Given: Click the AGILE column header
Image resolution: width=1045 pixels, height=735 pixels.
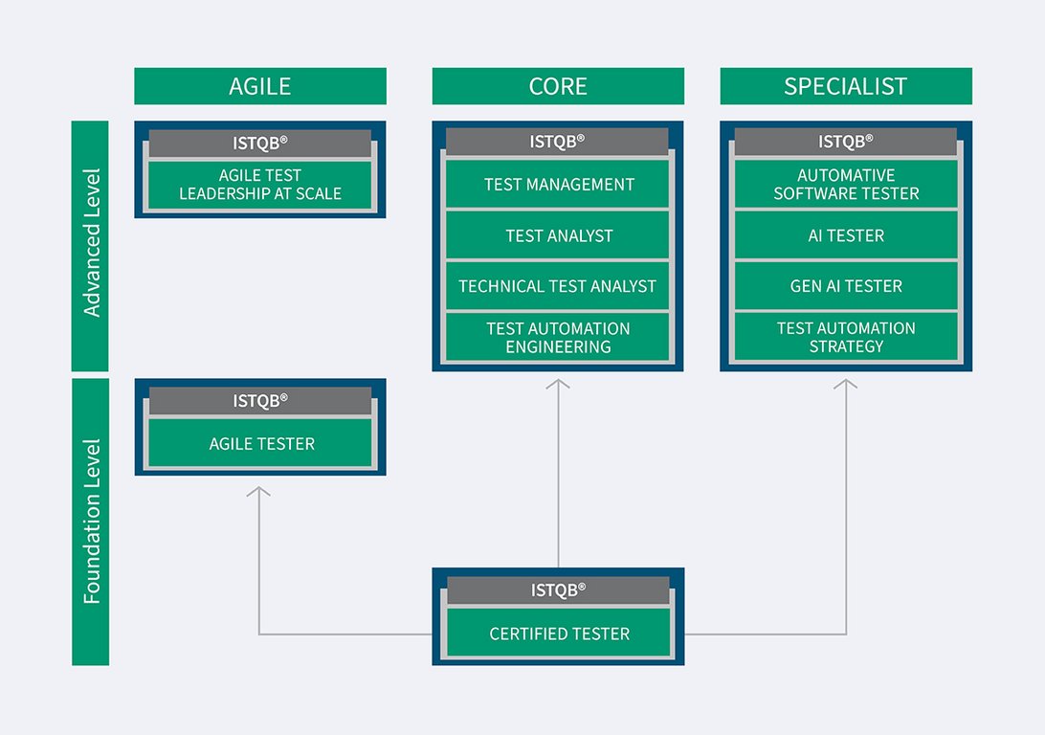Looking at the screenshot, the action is (260, 86).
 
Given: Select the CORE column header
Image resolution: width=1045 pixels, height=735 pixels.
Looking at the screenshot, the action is (558, 86).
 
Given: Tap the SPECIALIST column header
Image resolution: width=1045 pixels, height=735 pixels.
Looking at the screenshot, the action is (846, 86).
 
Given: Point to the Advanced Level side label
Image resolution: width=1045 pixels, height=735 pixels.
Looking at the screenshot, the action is (90, 245).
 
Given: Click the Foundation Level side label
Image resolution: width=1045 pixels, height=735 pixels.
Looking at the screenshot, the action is (90, 522).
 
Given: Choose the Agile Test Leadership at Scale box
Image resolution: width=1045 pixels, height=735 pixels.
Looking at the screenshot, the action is (260, 185).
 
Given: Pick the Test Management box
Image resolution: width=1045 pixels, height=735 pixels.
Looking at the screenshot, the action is (558, 184).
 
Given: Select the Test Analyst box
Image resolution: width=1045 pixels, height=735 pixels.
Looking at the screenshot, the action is (558, 235).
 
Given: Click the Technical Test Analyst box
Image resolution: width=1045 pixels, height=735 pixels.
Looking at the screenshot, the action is (558, 286).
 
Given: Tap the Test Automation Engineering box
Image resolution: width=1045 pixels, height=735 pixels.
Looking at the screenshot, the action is (558, 337).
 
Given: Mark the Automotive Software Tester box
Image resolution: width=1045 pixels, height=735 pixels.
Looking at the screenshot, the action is (846, 184).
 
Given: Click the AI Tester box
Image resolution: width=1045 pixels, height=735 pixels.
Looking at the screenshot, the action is (846, 235).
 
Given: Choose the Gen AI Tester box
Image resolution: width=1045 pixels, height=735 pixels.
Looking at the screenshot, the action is (846, 286).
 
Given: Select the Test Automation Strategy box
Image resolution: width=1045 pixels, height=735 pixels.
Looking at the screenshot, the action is (846, 337).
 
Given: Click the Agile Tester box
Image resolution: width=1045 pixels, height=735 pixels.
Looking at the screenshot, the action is (260, 443).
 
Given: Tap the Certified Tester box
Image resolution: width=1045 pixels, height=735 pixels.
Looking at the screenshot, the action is (559, 633).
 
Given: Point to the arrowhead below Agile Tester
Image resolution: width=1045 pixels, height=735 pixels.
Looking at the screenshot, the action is (258, 491).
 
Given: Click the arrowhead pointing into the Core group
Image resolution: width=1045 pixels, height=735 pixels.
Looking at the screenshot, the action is (558, 384).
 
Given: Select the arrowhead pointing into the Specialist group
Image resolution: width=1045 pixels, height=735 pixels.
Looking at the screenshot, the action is (846, 384).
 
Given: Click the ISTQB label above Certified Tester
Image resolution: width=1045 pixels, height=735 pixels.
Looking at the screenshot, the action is (559, 590).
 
